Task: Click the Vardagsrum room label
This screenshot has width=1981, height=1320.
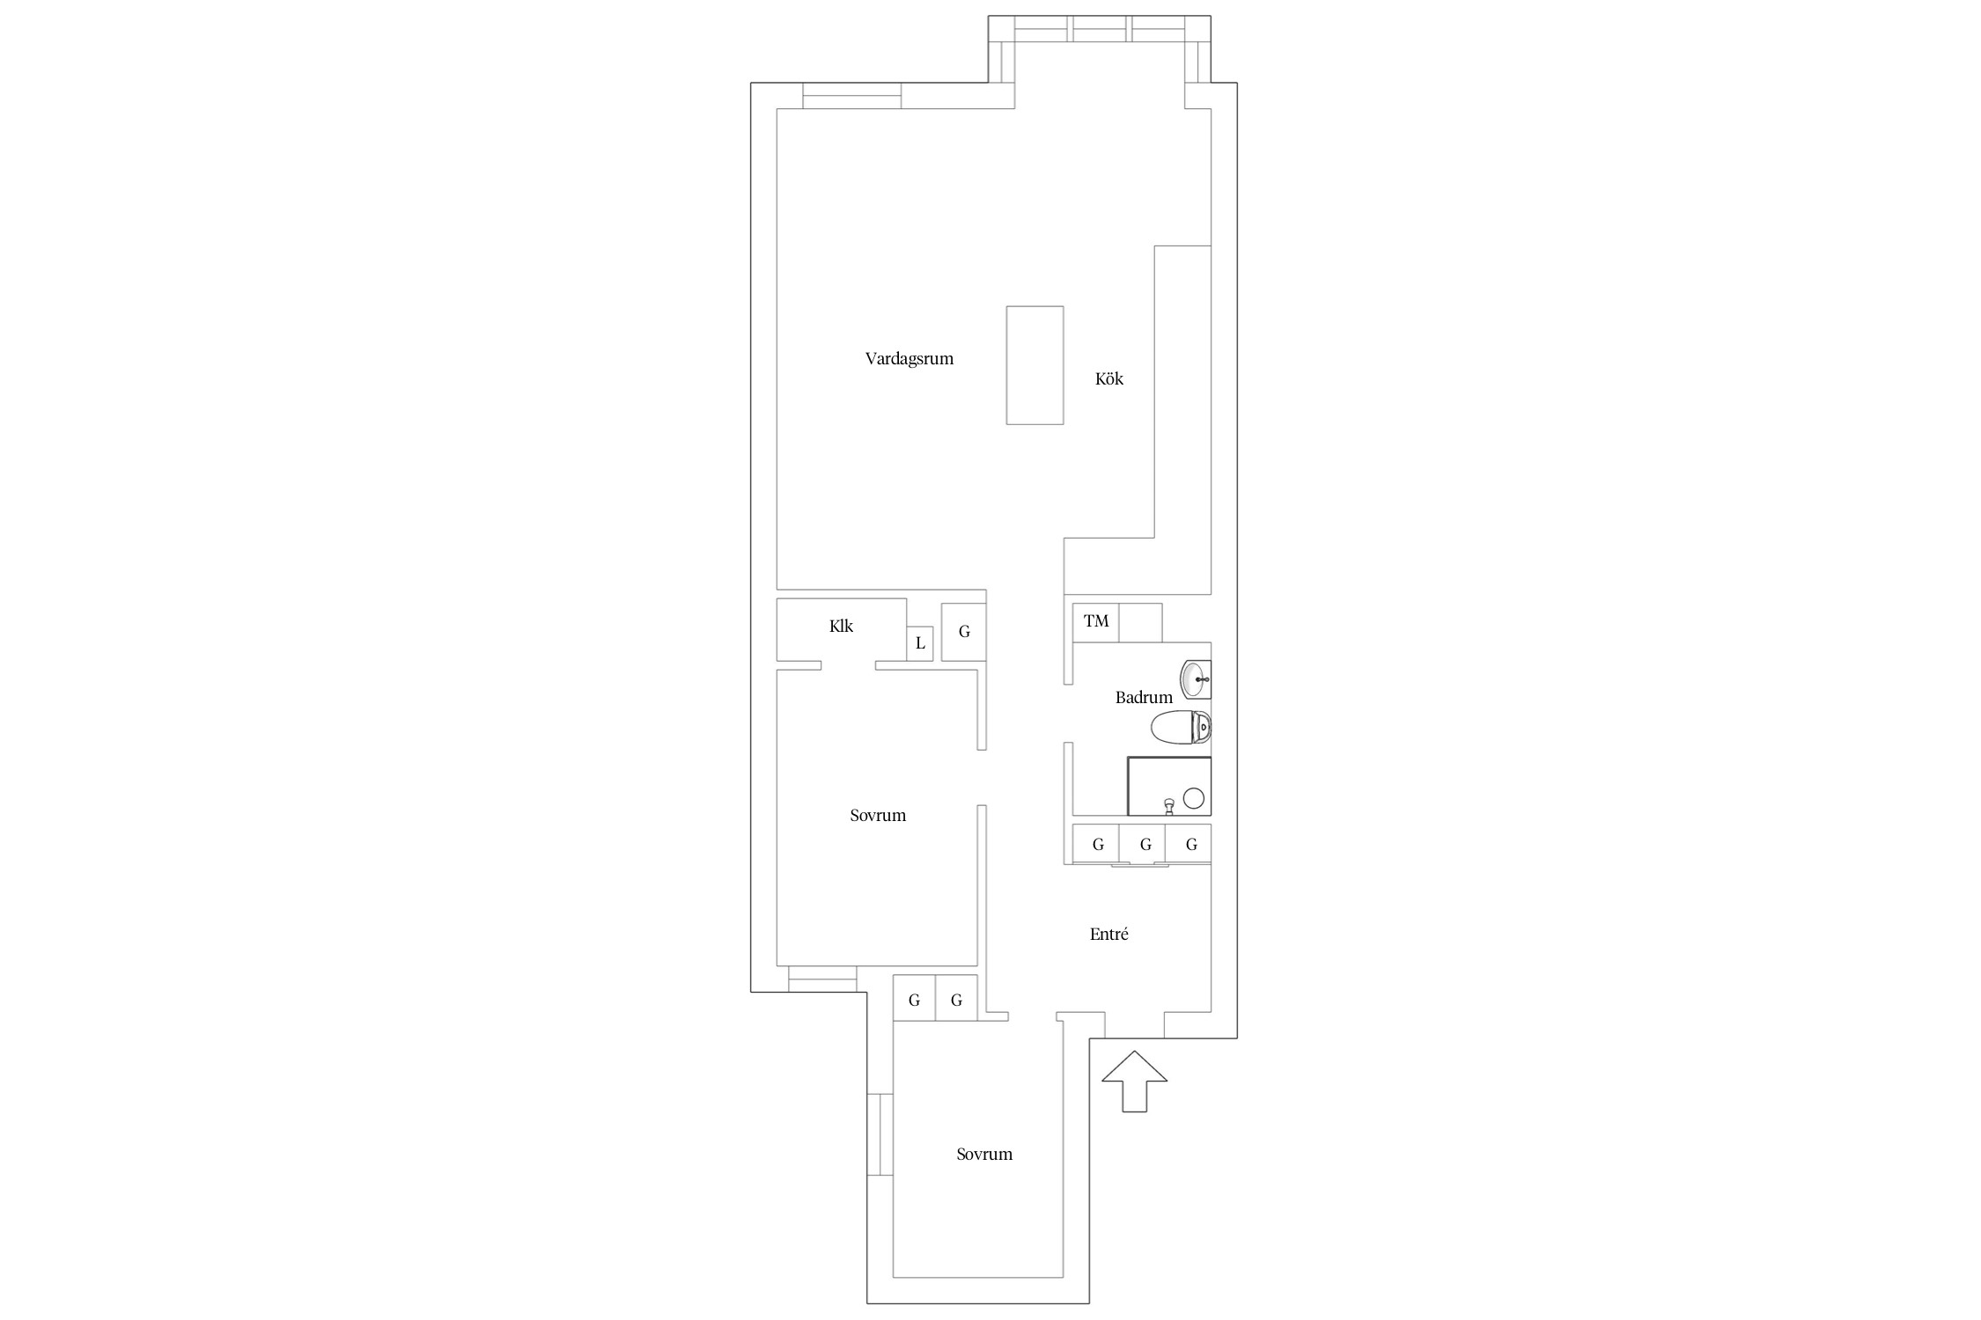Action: [x=909, y=359]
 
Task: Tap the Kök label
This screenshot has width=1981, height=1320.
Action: [x=1109, y=378]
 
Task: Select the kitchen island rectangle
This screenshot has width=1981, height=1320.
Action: [x=1035, y=365]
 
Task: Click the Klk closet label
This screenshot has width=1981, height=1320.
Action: [x=841, y=627]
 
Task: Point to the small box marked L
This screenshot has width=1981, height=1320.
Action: [x=920, y=643]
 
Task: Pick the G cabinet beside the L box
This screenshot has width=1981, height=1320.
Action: [x=964, y=632]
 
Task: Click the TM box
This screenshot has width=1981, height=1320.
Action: [x=1096, y=622]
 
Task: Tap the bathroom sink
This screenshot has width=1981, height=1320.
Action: [x=1196, y=679]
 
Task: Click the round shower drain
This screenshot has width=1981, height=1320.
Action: [x=1193, y=798]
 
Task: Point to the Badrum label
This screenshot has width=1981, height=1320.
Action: [x=1144, y=698]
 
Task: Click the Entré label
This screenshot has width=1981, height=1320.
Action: [x=1109, y=935]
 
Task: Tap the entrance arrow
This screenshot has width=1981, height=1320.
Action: [x=1135, y=1082]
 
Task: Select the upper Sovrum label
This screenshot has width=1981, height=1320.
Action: [x=878, y=816]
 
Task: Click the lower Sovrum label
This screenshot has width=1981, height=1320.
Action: [x=984, y=1155]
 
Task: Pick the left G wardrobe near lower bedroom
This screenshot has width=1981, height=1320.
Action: [x=914, y=999]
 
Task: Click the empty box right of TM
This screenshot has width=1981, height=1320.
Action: [x=1140, y=622]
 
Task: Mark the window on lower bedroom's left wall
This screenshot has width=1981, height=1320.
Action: [x=880, y=1134]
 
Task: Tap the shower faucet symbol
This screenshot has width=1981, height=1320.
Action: [x=1168, y=805]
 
